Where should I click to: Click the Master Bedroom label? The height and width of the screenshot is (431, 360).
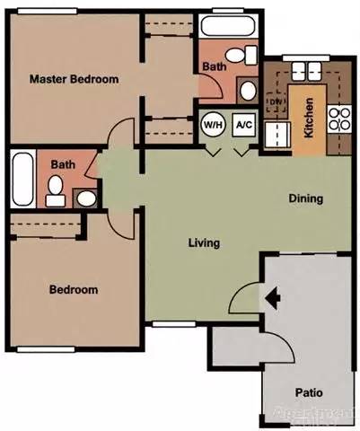[x=74, y=79]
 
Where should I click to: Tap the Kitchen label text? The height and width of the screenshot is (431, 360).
[x=308, y=118]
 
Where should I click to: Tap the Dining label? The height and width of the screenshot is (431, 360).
[x=305, y=198]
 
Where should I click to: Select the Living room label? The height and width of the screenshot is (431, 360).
[x=205, y=242]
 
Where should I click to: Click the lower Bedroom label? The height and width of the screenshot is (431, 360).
[x=74, y=290]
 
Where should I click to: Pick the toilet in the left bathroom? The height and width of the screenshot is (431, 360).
[x=56, y=189]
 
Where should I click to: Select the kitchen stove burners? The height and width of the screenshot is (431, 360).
[x=340, y=118]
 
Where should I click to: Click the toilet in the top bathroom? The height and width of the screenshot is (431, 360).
[x=237, y=56]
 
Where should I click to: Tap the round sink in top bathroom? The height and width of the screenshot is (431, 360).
[x=247, y=89]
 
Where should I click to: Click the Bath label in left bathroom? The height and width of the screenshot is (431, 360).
[x=62, y=164]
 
